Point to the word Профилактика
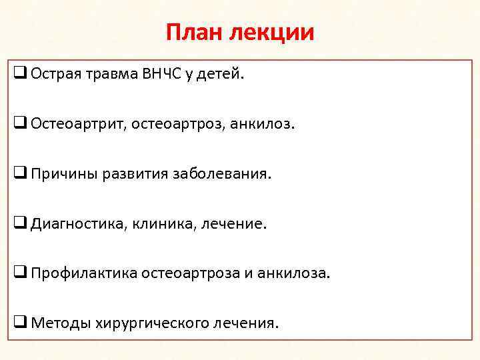pyautogui.click(x=83, y=273)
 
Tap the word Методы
pyautogui.click(x=59, y=323)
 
